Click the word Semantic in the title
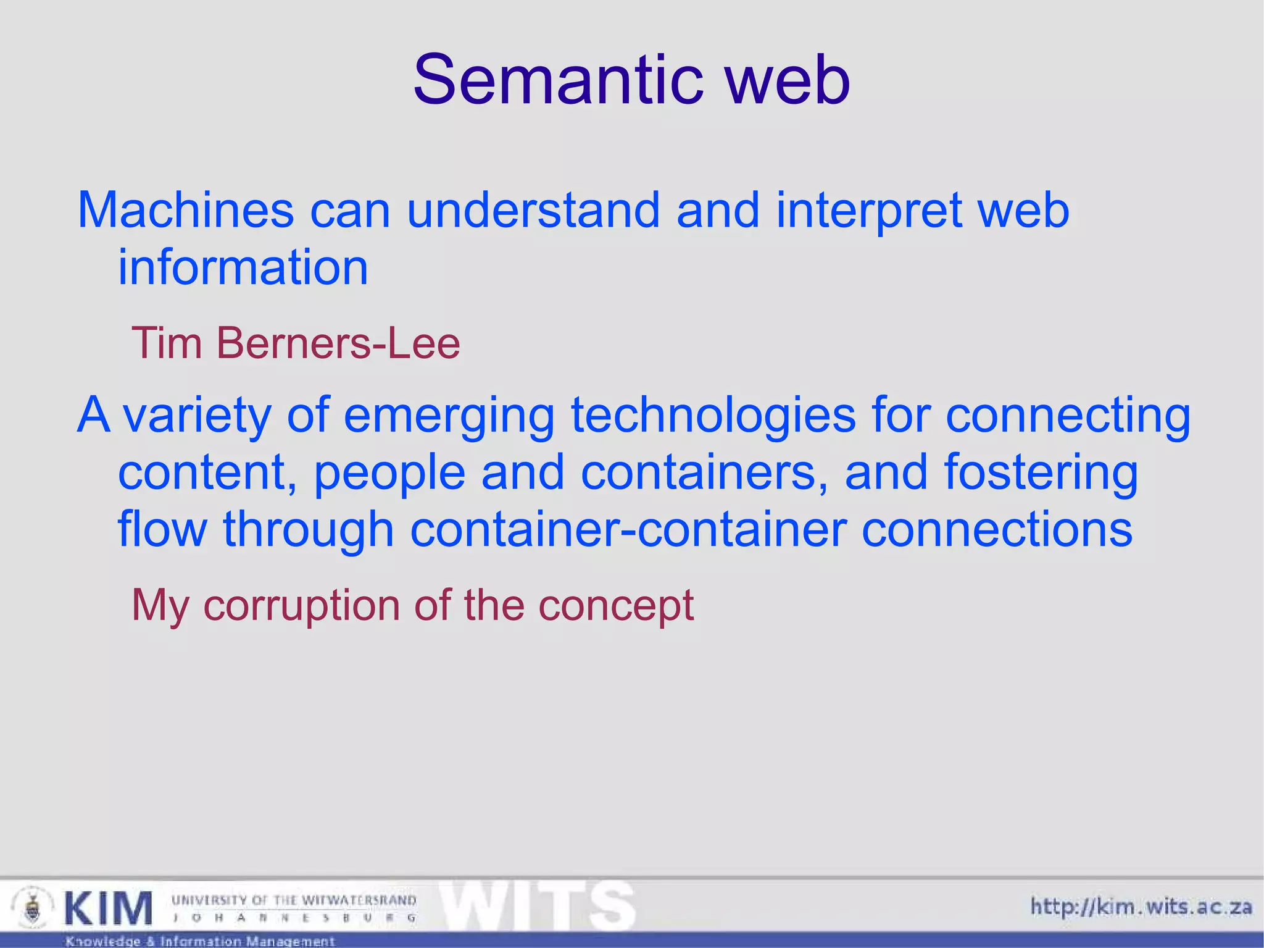click(x=559, y=80)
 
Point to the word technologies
click(x=713, y=416)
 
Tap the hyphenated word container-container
click(x=628, y=530)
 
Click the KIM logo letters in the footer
click(x=108, y=908)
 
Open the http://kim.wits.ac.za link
click(x=1141, y=907)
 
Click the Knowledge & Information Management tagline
click(x=200, y=941)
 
